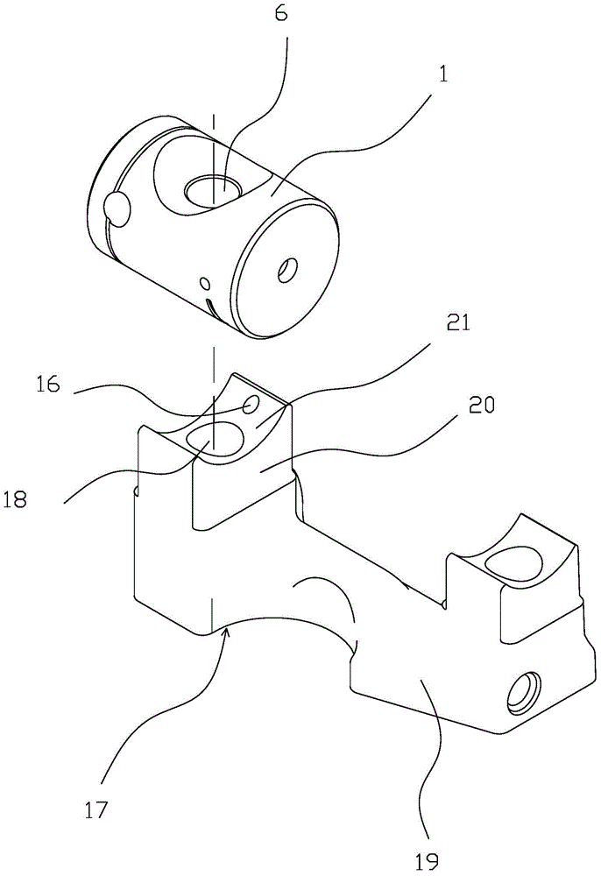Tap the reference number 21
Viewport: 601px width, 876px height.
pos(457,325)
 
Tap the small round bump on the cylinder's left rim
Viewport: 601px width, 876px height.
pos(117,208)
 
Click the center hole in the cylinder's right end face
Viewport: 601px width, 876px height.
pos(285,272)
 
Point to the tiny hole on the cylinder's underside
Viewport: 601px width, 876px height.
pos(205,283)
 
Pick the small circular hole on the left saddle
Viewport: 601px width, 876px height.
pos(251,405)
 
